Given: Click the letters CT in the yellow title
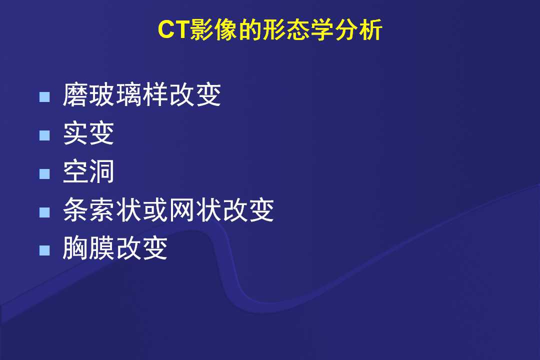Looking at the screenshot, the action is click(x=173, y=29).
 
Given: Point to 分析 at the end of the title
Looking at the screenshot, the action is click(x=358, y=29).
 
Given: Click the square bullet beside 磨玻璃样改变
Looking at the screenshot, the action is click(x=45, y=97).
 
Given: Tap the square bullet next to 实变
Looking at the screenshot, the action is click(x=45, y=135).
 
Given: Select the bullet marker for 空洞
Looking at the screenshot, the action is click(x=45, y=173).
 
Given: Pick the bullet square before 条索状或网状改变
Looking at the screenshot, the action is click(x=45, y=212).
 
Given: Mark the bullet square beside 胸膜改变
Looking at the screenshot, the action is click(x=45, y=250).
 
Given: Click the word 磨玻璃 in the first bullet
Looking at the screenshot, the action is click(x=102, y=94).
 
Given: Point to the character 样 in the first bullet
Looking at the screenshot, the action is click(x=155, y=94).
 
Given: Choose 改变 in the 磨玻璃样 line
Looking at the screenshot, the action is click(x=195, y=94).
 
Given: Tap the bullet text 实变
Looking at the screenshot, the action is click(x=88, y=133).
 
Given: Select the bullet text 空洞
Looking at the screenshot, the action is click(x=88, y=171).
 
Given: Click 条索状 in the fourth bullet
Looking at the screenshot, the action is click(x=102, y=209).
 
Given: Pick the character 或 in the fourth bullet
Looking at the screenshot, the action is click(x=155, y=209).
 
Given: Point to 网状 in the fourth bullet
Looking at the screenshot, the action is click(x=195, y=209).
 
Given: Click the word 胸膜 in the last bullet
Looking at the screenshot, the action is click(x=89, y=248).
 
